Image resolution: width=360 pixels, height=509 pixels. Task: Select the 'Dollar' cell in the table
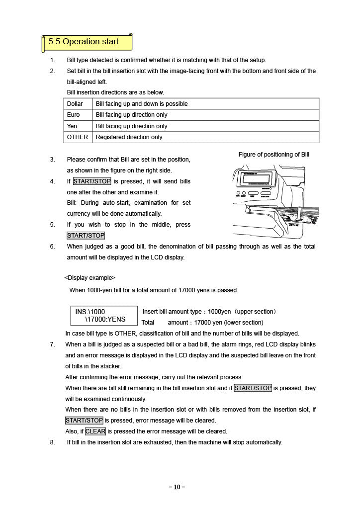click(x=75, y=104)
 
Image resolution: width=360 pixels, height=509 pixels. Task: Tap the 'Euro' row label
click(x=74, y=115)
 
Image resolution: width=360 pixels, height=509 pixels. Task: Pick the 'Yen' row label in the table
click(x=72, y=126)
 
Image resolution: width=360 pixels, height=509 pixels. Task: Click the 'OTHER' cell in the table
click(x=78, y=137)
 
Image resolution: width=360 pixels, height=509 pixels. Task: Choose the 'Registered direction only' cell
click(x=129, y=137)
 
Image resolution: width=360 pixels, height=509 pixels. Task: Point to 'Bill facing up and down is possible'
click(x=142, y=104)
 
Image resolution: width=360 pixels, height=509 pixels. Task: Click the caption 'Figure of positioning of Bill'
click(x=273, y=155)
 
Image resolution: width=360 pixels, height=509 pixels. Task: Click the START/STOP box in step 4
click(x=92, y=181)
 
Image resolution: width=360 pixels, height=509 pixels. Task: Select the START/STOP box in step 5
click(x=86, y=236)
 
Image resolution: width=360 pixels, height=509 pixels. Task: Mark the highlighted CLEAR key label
click(x=95, y=431)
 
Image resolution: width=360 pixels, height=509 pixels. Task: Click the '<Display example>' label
click(x=90, y=277)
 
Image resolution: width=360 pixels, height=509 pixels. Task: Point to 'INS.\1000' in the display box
click(x=90, y=312)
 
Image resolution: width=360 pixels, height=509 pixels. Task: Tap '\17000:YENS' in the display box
click(x=105, y=320)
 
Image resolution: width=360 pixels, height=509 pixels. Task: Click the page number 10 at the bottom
click(x=177, y=487)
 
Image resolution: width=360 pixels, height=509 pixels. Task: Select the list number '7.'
click(x=53, y=344)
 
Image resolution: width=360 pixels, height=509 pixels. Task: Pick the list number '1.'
click(x=53, y=60)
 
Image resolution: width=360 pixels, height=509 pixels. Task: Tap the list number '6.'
click(x=53, y=247)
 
